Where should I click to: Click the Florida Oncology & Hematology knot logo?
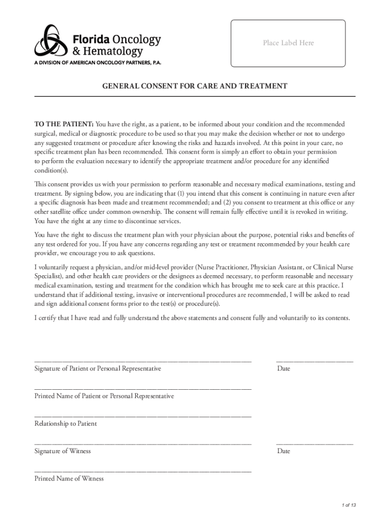[47, 41]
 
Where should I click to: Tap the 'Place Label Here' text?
[288, 43]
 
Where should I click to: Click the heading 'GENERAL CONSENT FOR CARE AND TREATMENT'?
[195, 86]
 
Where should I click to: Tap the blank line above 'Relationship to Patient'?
[143, 416]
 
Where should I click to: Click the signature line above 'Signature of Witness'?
[143, 444]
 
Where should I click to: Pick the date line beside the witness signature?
[315, 444]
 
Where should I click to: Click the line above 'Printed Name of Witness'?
[143, 471]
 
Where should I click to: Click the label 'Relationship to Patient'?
[65, 423]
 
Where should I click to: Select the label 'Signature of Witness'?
[62, 451]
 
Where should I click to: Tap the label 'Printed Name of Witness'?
[69, 478]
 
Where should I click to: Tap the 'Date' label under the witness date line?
[284, 451]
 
